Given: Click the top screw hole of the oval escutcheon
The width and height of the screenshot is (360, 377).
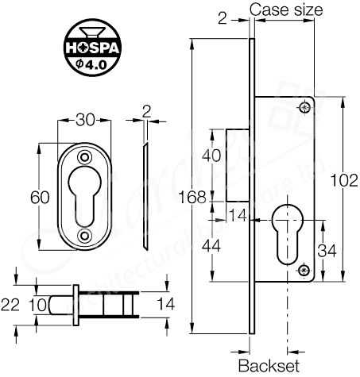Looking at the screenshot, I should coord(86,156).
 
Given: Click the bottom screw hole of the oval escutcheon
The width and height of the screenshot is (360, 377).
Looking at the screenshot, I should coord(86,235).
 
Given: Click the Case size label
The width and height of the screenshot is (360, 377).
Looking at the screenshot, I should coord(287,10).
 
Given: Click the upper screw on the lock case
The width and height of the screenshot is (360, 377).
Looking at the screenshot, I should coord(305,106).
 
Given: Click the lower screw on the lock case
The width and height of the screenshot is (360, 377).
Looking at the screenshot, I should coord(305,271).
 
